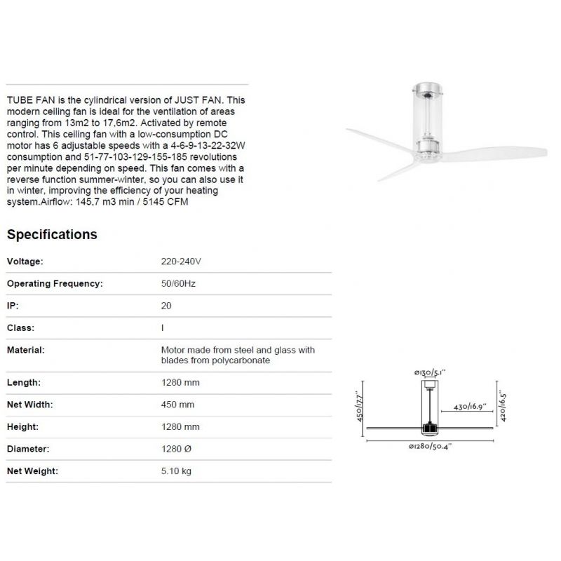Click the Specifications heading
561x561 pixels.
coord(52,234)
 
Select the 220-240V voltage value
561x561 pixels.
coord(181,262)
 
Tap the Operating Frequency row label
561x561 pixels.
coord(55,284)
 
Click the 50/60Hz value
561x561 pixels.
coord(177,284)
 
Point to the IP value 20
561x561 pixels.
coord(166,306)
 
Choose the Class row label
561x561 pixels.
coord(20,327)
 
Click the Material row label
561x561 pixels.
coord(25,349)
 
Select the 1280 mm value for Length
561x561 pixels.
coord(180,383)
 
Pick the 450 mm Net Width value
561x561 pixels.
coord(177,405)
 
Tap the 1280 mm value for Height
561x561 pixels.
coord(180,426)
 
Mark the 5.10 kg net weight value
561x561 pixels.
coord(176,471)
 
